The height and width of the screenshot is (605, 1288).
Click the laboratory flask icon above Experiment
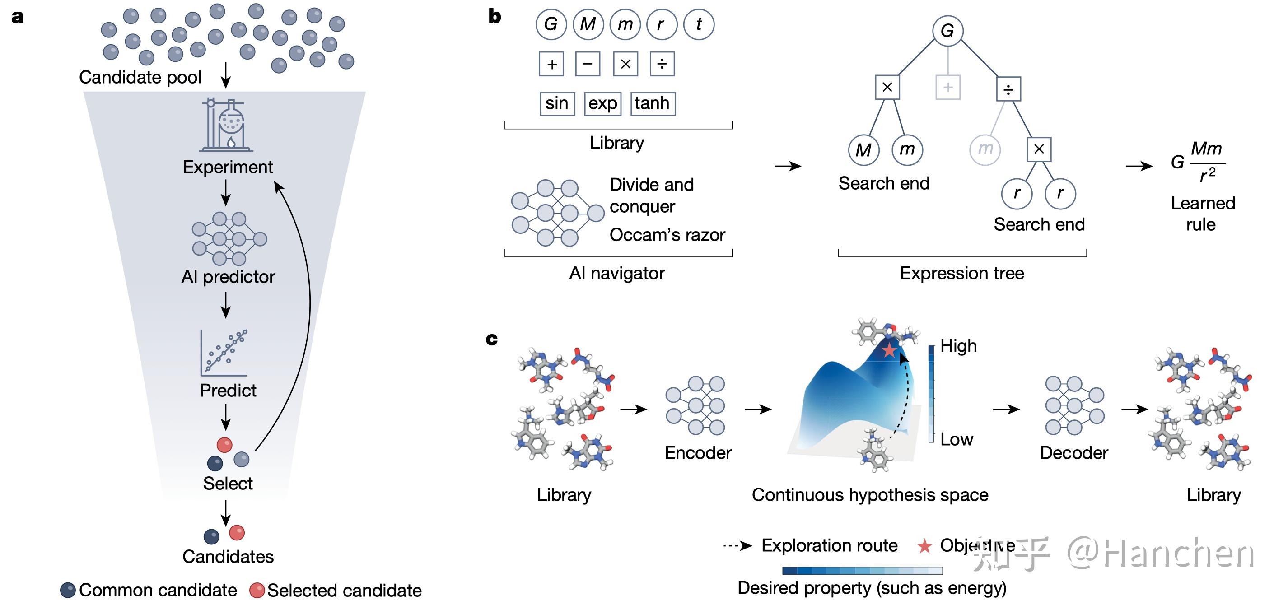[227, 125]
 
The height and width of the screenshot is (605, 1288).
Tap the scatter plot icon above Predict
[224, 353]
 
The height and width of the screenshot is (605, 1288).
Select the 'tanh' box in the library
[653, 103]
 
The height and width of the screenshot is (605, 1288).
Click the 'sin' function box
[557, 103]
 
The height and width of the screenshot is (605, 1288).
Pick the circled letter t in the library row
[699, 24]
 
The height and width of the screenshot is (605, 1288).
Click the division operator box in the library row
[662, 64]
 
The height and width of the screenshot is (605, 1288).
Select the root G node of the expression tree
[947, 31]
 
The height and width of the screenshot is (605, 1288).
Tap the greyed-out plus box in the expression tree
[947, 88]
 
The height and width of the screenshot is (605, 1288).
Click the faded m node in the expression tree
[985, 149]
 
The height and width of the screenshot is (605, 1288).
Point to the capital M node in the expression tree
[863, 149]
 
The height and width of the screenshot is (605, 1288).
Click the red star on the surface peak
[889, 350]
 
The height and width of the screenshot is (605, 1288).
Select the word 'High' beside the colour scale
[958, 346]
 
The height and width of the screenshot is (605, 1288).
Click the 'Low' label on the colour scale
[956, 439]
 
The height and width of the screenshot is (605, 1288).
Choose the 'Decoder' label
[1073, 452]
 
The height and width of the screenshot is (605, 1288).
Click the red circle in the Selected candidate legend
[257, 590]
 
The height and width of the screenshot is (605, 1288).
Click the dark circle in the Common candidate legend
[68, 590]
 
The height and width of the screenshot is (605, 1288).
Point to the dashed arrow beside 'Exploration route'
[737, 545]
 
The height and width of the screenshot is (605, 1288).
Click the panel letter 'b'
[495, 17]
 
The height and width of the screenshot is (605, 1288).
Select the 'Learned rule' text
[1203, 214]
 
